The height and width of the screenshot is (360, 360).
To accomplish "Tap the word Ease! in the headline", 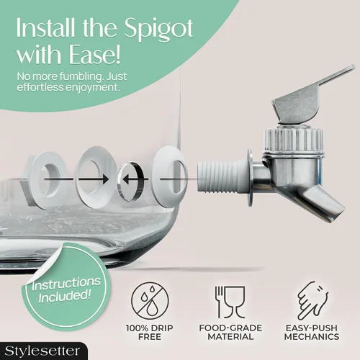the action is (x=94, y=55).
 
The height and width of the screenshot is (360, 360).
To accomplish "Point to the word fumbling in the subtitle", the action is (x=81, y=77).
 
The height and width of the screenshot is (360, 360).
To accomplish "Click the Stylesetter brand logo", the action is (x=42, y=351).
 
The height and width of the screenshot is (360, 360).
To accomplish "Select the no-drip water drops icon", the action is (x=150, y=301).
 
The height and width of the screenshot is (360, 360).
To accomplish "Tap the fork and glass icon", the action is (x=230, y=302).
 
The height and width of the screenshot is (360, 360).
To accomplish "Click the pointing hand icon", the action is (x=312, y=300).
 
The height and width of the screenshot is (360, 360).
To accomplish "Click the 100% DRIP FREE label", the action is (x=150, y=332).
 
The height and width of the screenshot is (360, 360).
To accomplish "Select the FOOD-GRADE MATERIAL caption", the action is (x=230, y=332).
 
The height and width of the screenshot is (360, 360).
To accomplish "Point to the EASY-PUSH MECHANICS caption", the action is (x=312, y=332).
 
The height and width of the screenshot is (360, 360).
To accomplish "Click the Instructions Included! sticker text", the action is (x=66, y=289).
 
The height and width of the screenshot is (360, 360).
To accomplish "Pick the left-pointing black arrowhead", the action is (x=126, y=179).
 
